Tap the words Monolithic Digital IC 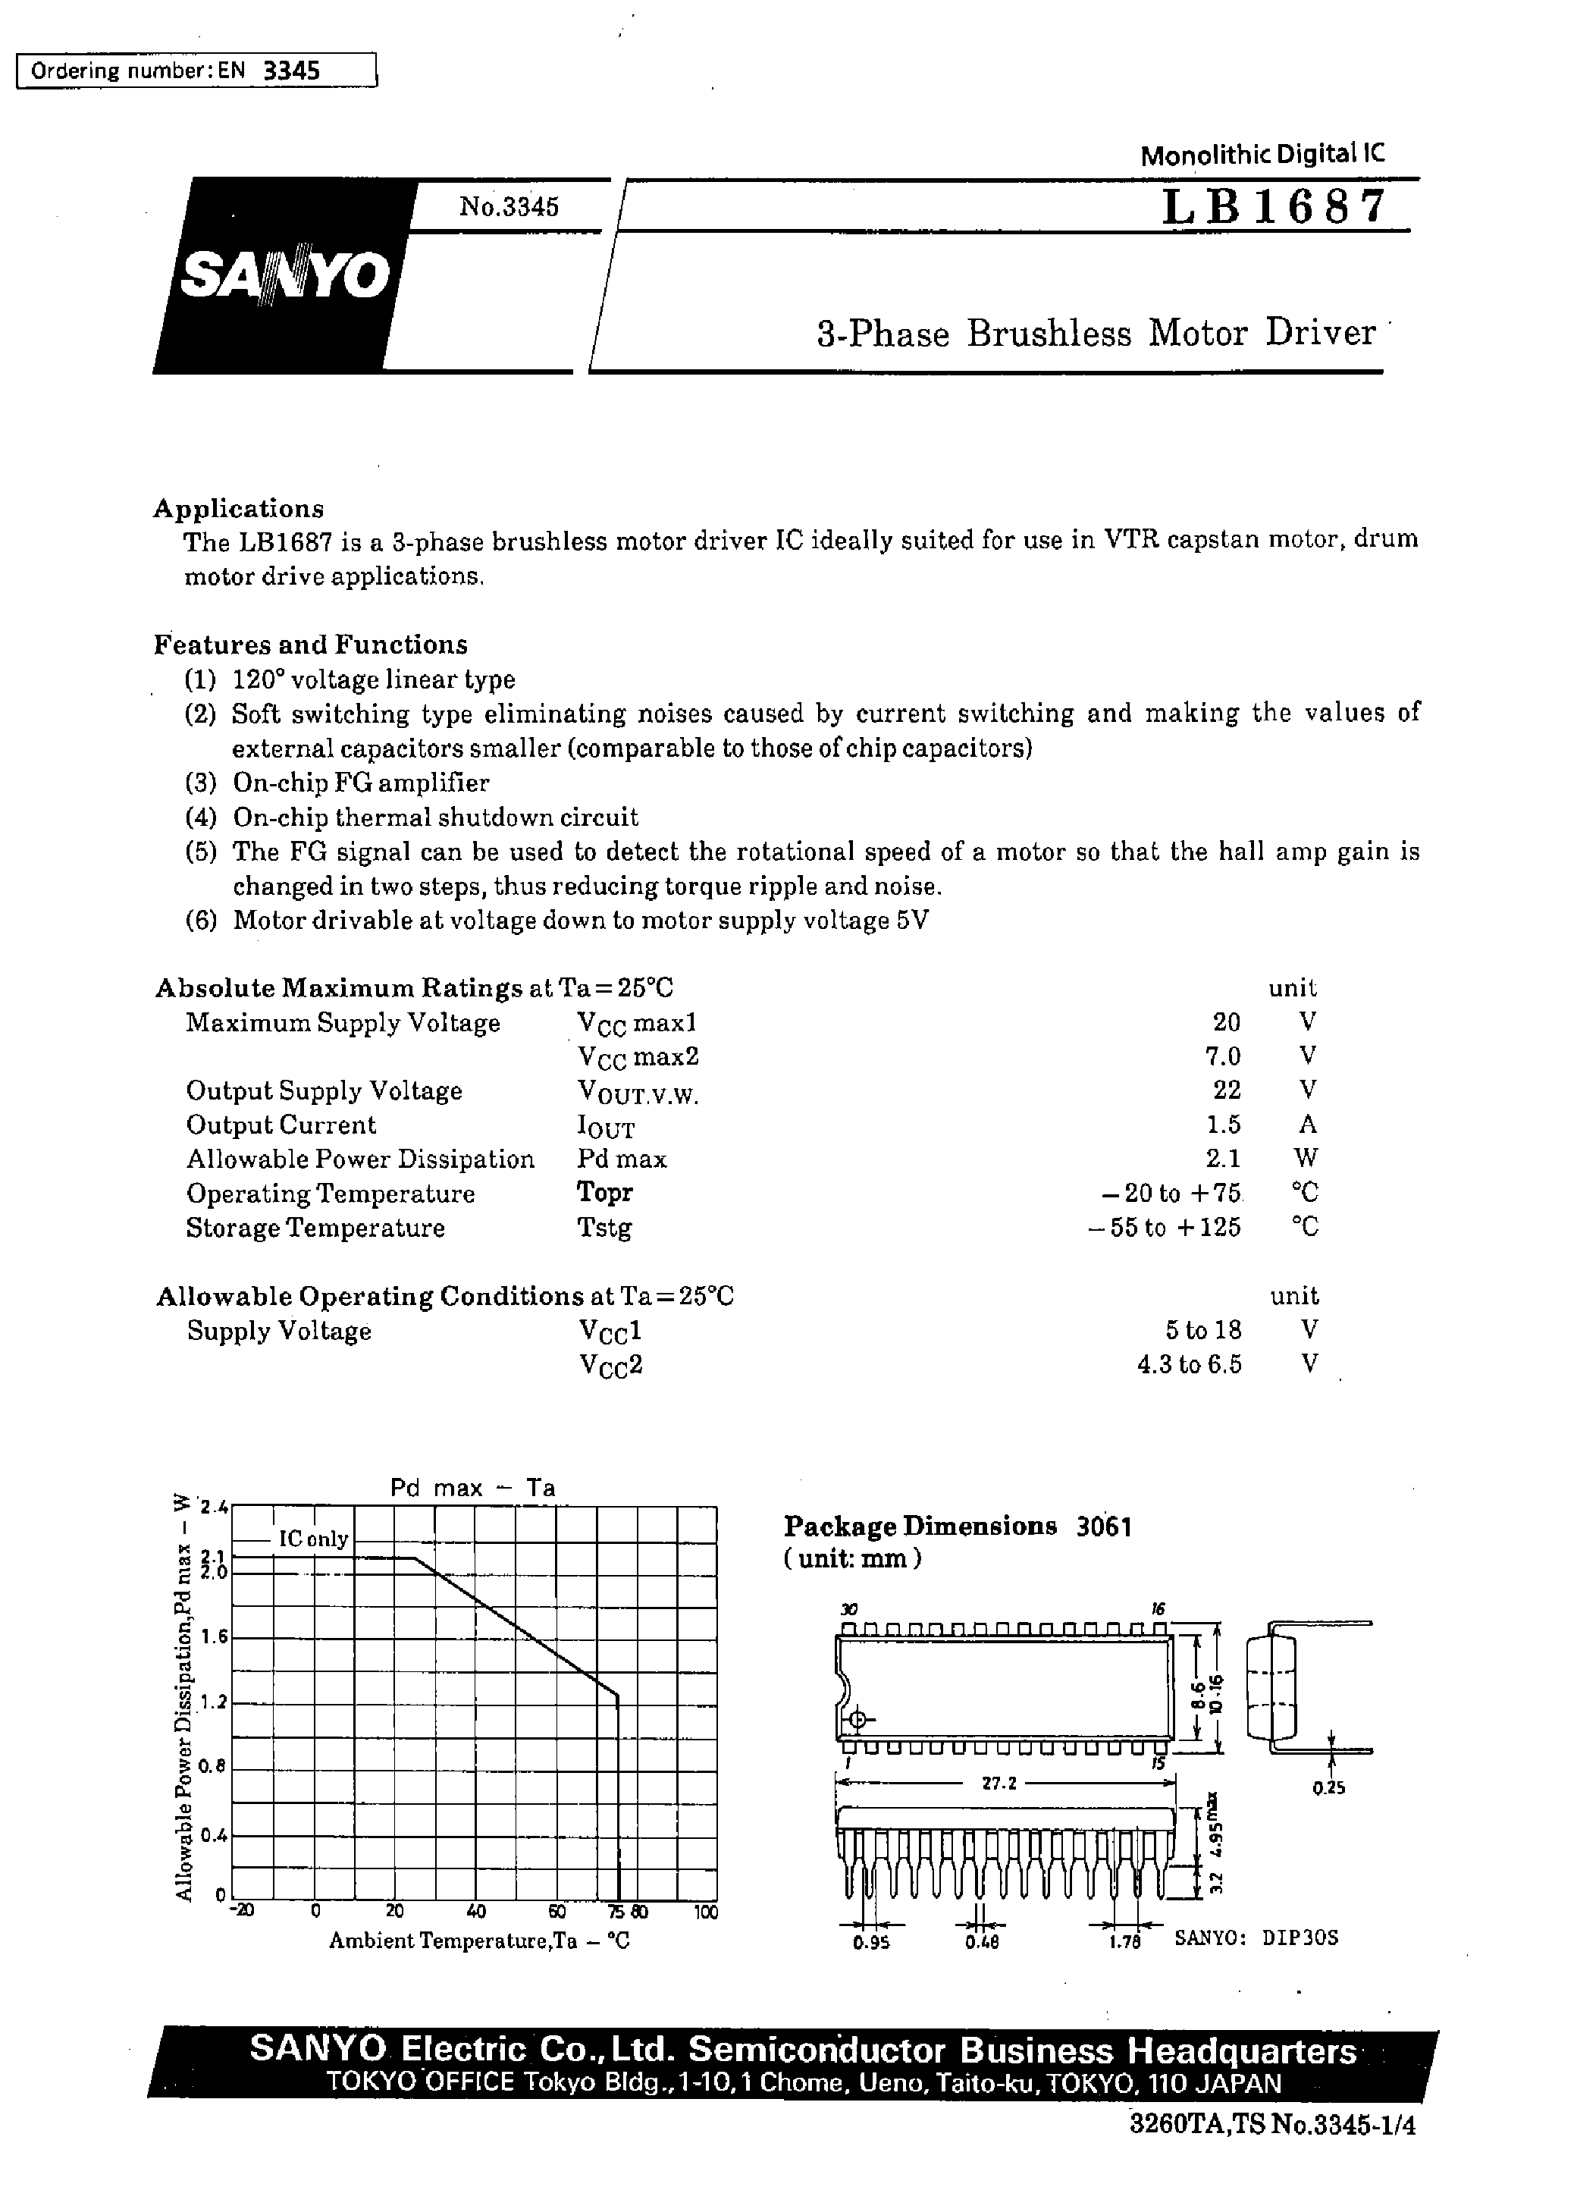point(1262,153)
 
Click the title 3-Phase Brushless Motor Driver point(1096,333)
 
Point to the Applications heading point(239,509)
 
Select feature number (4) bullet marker point(200,817)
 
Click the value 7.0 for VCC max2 point(1221,1056)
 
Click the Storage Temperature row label point(315,1228)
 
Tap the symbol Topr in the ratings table point(604,1192)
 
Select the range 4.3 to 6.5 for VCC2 point(1189,1364)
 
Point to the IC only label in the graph point(312,1539)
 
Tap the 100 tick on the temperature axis point(706,1913)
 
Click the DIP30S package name point(1300,1938)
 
